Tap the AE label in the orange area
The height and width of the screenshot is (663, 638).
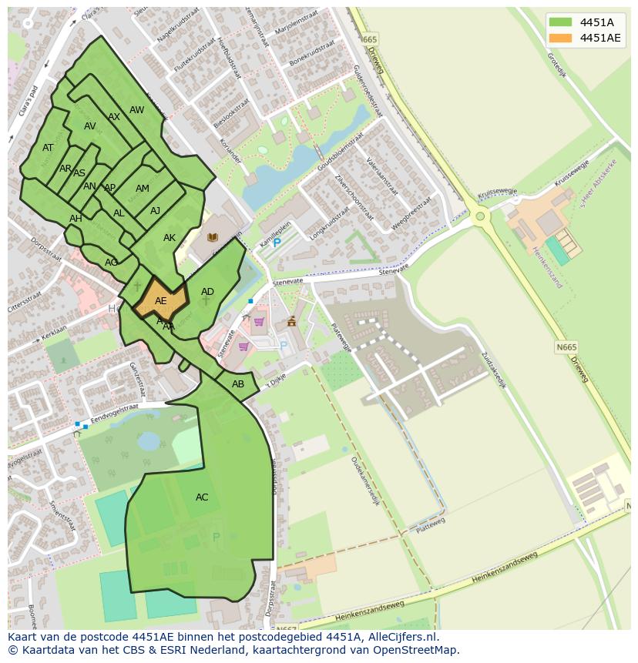161,301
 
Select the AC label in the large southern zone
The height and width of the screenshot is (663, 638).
202,497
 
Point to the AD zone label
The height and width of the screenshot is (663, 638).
207,292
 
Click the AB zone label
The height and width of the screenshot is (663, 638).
238,384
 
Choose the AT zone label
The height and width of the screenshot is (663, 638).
48,148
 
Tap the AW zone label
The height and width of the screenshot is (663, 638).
136,110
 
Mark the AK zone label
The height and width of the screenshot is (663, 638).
170,238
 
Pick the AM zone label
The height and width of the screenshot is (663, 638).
143,189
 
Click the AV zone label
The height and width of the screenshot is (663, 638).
90,126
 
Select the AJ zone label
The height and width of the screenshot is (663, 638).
155,211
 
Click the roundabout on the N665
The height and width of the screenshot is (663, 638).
480,216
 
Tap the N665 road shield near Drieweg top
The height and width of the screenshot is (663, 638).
369,39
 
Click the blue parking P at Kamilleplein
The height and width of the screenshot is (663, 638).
277,243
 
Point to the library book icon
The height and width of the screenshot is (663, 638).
213,238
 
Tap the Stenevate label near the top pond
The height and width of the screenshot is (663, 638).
288,283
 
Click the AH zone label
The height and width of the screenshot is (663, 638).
76,219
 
